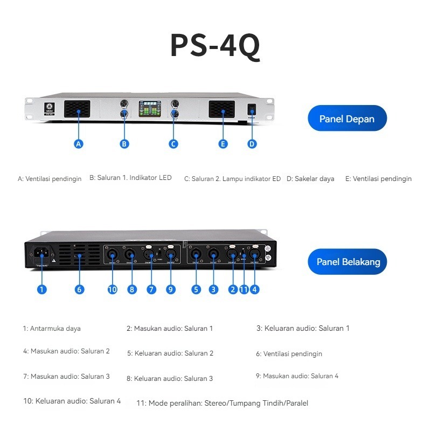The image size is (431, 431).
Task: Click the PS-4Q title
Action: coord(215,46)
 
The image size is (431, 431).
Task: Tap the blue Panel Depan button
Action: coord(347,119)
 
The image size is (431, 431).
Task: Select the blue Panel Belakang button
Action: coord(347,262)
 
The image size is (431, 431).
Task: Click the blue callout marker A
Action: coord(79,144)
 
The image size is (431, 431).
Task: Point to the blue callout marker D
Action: coord(252,144)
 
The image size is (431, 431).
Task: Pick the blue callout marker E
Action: coord(223,144)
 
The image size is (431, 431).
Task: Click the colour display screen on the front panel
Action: coord(150,109)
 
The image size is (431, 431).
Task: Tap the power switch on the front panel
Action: coord(251,110)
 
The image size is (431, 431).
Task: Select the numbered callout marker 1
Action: coord(42,289)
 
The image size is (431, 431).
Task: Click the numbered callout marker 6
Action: coord(79,289)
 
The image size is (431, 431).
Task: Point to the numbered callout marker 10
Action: coord(112,289)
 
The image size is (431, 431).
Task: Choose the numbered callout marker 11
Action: coord(244,289)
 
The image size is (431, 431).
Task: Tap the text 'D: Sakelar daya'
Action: coord(310,178)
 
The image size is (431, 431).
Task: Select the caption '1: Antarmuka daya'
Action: coord(52,328)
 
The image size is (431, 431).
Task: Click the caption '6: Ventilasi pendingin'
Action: coord(289,354)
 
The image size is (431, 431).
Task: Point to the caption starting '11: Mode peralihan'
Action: coord(222,403)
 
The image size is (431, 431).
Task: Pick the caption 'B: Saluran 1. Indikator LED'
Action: coord(130,178)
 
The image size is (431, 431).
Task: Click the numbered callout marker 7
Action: coord(151,289)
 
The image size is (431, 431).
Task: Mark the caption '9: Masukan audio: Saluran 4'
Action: coord(297,376)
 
